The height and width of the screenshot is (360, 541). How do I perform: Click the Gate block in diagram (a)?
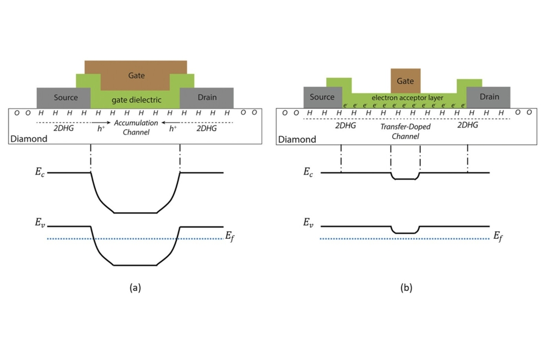[136, 75]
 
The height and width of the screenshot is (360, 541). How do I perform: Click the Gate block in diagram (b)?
[405, 81]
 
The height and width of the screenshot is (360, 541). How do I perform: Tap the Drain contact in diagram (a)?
[207, 97]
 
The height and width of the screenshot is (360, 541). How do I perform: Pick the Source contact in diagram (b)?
[322, 97]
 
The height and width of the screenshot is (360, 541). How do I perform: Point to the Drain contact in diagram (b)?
[489, 97]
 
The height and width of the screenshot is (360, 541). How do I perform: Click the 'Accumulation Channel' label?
[135, 127]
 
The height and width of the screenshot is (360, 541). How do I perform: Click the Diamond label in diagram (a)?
[28, 139]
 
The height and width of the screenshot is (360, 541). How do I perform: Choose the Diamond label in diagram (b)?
[296, 139]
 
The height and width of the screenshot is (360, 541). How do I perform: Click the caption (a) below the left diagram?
[135, 288]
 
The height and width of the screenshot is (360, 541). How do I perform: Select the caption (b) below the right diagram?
[406, 288]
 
